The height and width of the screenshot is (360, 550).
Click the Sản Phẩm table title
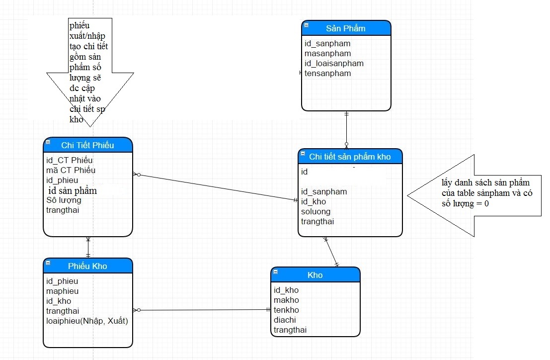(346, 28)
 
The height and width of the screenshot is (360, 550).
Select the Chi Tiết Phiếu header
(87, 145)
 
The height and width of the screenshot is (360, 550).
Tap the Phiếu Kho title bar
(87, 266)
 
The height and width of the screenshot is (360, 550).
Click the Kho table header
(315, 275)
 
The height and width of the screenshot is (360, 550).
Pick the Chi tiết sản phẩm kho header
(350, 157)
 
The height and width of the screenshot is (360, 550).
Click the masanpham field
(327, 53)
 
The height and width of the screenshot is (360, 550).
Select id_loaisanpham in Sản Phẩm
(334, 64)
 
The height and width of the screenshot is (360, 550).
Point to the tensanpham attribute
(327, 73)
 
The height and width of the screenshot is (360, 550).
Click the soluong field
(315, 212)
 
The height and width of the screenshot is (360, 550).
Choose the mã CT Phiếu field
(71, 170)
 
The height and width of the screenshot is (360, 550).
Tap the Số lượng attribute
(64, 200)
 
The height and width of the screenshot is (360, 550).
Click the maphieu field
(63, 291)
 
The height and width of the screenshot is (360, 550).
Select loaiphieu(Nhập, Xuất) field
(87, 321)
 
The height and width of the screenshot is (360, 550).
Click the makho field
(286, 300)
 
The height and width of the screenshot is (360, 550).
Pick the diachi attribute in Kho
(285, 320)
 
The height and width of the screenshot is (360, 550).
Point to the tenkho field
(286, 310)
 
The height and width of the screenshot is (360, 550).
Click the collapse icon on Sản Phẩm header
(306, 25)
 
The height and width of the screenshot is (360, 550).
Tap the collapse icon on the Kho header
(276, 271)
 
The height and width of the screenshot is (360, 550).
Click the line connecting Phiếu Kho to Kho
(202, 310)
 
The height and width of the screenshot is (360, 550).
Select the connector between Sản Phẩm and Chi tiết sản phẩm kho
(347, 130)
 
